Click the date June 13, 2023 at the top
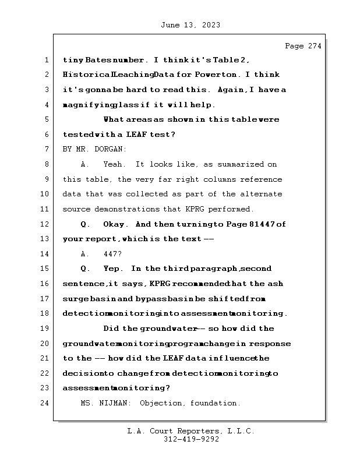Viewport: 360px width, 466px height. (190, 25)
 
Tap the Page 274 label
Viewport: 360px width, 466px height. (303, 47)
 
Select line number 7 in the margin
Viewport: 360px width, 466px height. (47, 150)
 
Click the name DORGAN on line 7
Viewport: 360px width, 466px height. (113, 150)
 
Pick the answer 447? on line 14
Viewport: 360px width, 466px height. (113, 254)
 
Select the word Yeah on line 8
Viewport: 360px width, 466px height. (113, 165)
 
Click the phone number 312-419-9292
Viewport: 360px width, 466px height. (191, 440)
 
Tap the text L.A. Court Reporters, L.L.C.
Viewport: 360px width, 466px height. (190, 432)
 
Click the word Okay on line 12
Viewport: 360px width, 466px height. (115, 224)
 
